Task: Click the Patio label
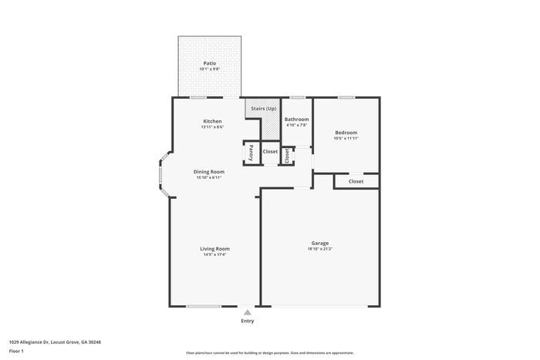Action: pyautogui.click(x=209, y=63)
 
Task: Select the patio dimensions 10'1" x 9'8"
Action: pyautogui.click(x=209, y=69)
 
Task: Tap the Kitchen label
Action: pyautogui.click(x=212, y=121)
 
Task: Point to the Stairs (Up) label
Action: pyautogui.click(x=263, y=109)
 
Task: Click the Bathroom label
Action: pyautogui.click(x=296, y=119)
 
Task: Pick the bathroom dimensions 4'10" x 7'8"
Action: pyautogui.click(x=296, y=126)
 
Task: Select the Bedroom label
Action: pyautogui.click(x=346, y=133)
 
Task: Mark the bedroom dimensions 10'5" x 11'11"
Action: pyautogui.click(x=346, y=139)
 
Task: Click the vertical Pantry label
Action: pyautogui.click(x=251, y=152)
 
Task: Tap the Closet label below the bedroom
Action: pyautogui.click(x=356, y=181)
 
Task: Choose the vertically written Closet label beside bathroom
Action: pyautogui.click(x=286, y=156)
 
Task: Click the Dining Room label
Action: pyautogui.click(x=208, y=171)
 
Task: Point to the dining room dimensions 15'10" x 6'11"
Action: pyautogui.click(x=208, y=177)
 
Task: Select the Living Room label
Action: pyautogui.click(x=214, y=248)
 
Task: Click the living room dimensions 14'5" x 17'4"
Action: pyautogui.click(x=214, y=254)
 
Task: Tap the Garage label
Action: pyautogui.click(x=319, y=243)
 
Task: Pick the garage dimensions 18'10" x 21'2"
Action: pyautogui.click(x=319, y=249)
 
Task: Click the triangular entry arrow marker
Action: pyautogui.click(x=247, y=312)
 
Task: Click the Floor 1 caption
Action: pyautogui.click(x=16, y=352)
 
